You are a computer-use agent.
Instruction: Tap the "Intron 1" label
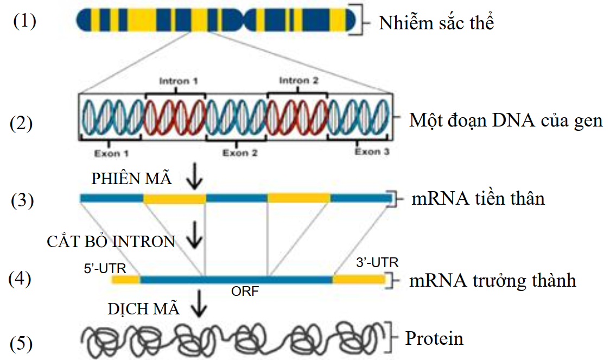[x=178, y=81]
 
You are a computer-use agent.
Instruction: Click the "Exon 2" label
[x=240, y=154]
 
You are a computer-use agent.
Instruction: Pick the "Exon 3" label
[x=372, y=152]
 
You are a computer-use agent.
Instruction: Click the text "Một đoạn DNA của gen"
[x=506, y=120]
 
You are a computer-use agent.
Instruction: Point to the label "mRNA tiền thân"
[x=478, y=199]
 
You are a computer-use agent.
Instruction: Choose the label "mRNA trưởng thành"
[x=493, y=281]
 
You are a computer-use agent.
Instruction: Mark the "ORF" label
[x=245, y=292]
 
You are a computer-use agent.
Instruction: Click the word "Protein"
[x=434, y=339]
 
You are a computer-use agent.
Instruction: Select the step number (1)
[x=25, y=22]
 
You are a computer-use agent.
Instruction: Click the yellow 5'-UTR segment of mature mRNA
[x=126, y=280]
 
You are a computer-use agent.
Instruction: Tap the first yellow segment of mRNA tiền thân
[x=174, y=199]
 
